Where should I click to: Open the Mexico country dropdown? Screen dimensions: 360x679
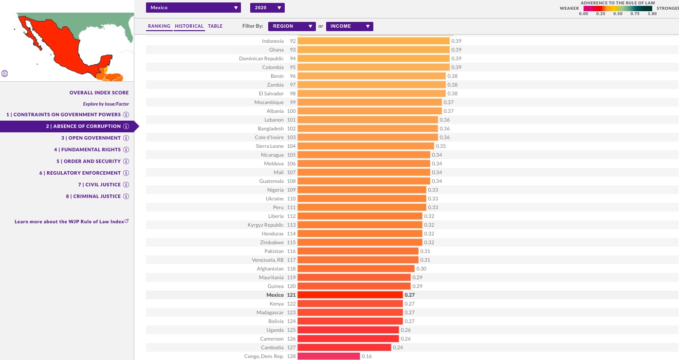point(193,8)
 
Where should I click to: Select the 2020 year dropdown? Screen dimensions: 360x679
point(267,8)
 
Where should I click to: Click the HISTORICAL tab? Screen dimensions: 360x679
point(189,26)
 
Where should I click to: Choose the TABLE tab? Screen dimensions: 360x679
point(215,26)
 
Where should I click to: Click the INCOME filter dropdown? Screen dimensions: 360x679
point(349,26)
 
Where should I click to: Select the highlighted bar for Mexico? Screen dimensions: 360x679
point(350,295)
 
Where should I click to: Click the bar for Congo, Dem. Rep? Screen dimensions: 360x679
point(329,356)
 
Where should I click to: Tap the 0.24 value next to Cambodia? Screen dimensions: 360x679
point(398,347)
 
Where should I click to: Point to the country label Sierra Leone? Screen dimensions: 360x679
point(270,146)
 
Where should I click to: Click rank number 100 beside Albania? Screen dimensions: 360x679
point(291,111)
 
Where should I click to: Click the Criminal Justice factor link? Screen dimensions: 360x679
point(96,197)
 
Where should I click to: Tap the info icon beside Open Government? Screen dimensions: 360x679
point(126,138)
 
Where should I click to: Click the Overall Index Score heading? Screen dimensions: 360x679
point(99,92)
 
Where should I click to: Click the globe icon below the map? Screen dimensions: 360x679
point(5,74)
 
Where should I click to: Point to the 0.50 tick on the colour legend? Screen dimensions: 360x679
point(618,14)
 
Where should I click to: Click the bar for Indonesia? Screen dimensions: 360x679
point(373,41)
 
